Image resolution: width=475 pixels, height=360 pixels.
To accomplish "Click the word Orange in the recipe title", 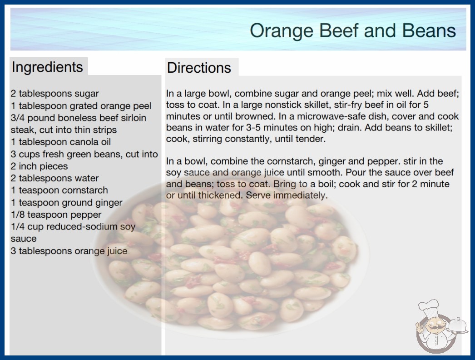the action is click(282, 31).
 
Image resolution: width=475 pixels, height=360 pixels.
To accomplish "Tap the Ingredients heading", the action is click(47, 67).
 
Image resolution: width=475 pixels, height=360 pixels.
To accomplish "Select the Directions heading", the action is click(199, 68).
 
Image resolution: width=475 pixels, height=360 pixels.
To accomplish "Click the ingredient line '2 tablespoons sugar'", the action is click(55, 94).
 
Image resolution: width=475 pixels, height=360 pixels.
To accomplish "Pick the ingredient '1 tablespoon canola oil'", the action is click(61, 142).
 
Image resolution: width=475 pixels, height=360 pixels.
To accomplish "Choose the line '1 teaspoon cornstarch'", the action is click(59, 190).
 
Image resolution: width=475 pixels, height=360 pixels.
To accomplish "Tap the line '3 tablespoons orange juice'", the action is click(69, 251).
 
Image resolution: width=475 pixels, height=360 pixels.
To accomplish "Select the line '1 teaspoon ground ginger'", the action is click(67, 203).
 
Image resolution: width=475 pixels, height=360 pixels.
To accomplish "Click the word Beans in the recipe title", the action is click(429, 31).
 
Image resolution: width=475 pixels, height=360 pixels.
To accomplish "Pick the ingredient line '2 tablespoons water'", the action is click(55, 178).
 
